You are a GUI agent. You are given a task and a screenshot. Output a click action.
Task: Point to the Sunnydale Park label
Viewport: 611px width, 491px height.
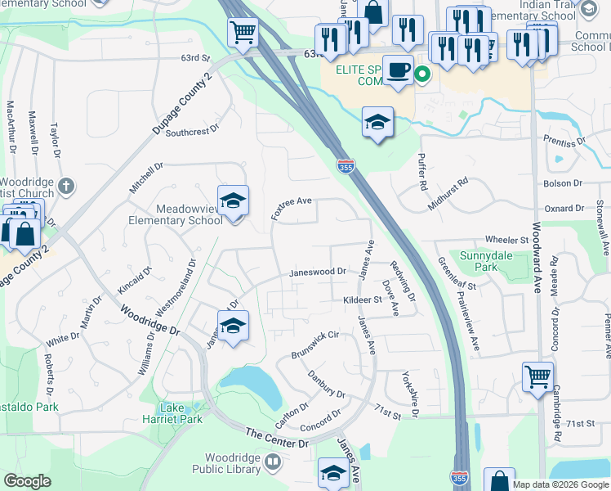coord(479,261)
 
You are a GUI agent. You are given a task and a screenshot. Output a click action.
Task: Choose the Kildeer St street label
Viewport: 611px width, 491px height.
coord(363,300)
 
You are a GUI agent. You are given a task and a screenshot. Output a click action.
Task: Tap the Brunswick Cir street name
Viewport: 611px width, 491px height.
coord(315,345)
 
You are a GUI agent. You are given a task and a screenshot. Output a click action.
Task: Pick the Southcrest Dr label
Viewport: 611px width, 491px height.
coord(193,130)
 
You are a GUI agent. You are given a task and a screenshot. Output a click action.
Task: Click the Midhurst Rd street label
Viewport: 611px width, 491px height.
coord(448,194)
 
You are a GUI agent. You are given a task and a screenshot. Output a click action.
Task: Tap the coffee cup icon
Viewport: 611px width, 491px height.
coord(399,70)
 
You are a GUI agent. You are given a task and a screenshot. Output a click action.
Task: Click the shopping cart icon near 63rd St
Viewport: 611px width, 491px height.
coord(243,33)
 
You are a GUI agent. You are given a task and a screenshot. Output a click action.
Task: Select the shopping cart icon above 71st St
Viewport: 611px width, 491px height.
coord(537,377)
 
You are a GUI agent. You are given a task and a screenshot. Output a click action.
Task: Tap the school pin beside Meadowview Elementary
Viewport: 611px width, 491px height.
coord(233,201)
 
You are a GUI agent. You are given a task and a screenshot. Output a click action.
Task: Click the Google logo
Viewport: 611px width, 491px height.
coord(28,481)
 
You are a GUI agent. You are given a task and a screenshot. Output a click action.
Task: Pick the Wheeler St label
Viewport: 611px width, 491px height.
coord(507,240)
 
